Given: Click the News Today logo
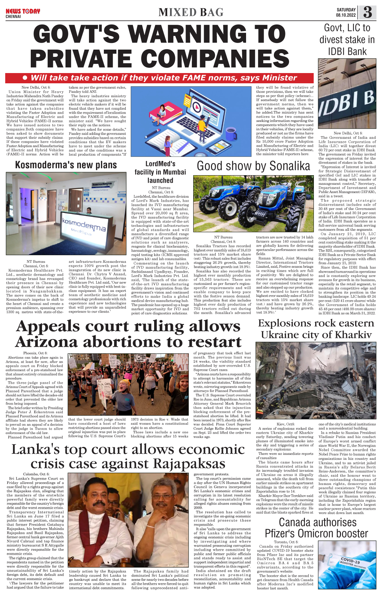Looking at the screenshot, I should point(22,12).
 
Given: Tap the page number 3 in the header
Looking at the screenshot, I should point(367,13).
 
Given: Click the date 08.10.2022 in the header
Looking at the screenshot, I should point(346,15).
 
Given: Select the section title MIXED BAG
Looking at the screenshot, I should point(191,13).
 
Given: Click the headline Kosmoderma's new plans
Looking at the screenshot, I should point(66,165).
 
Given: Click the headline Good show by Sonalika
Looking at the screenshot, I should point(253,166).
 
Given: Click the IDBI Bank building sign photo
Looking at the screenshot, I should point(347,94).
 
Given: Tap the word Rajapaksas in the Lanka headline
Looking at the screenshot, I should point(185,464).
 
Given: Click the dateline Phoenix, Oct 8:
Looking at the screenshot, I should point(35,353).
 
